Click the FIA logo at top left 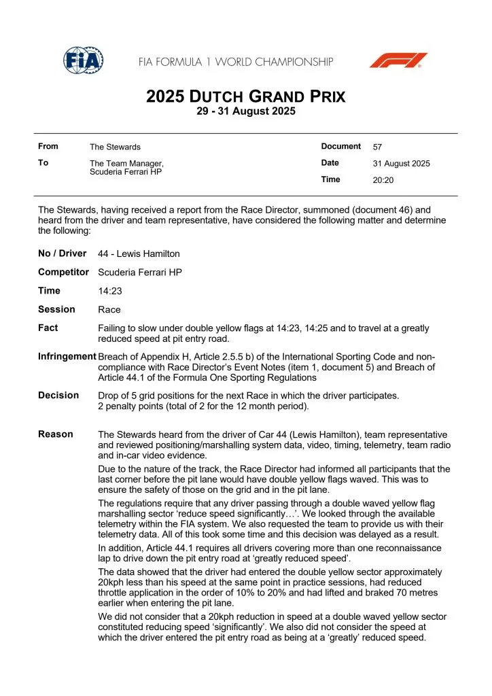84,61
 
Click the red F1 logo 398,60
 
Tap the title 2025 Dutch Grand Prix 245,97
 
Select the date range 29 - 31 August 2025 245,111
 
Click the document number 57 378,147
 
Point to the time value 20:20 383,180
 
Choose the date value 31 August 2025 401,163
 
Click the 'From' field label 48,146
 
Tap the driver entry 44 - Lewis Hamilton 139,254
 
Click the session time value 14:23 109,291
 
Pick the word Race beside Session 109,310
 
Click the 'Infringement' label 67,356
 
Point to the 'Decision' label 58,395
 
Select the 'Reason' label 55,434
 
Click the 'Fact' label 48,328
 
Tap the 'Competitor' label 63,272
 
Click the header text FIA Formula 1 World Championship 236,62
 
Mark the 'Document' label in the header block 340,146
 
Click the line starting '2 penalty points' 202,406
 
